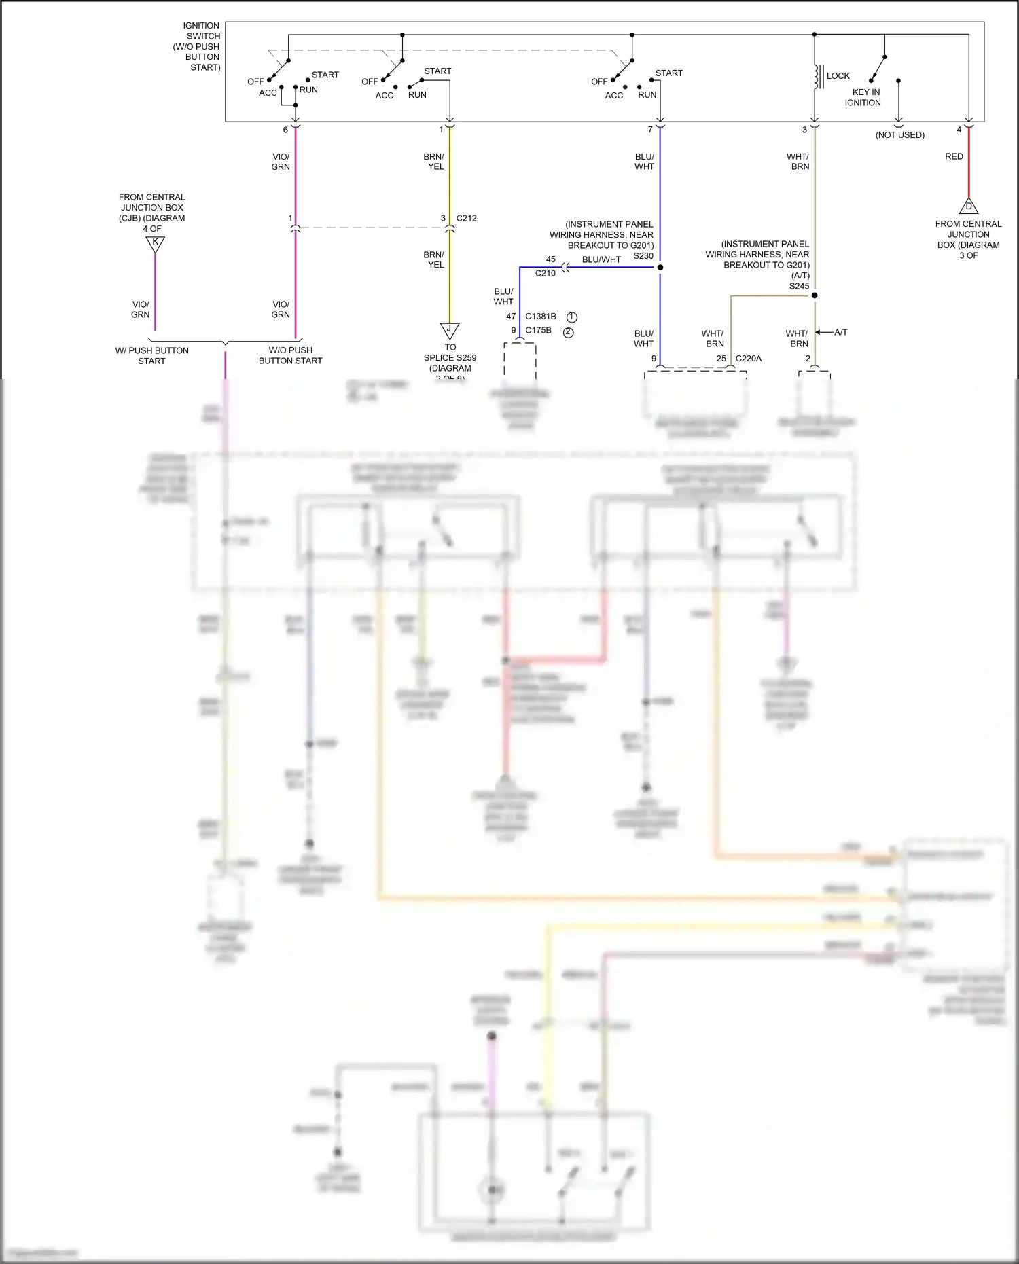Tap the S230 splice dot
point(660,267)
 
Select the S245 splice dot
point(815,295)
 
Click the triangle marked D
point(969,206)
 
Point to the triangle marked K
point(156,243)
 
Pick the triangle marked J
point(450,330)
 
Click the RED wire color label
point(954,156)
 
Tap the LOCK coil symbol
point(818,77)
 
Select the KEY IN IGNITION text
point(863,97)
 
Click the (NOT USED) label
point(899,134)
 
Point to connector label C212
point(467,218)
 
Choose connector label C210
point(545,273)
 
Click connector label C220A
point(749,358)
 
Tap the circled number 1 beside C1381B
point(572,317)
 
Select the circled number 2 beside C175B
point(569,332)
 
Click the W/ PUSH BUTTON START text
point(152,355)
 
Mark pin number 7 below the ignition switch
point(650,130)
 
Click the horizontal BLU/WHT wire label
point(601,259)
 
